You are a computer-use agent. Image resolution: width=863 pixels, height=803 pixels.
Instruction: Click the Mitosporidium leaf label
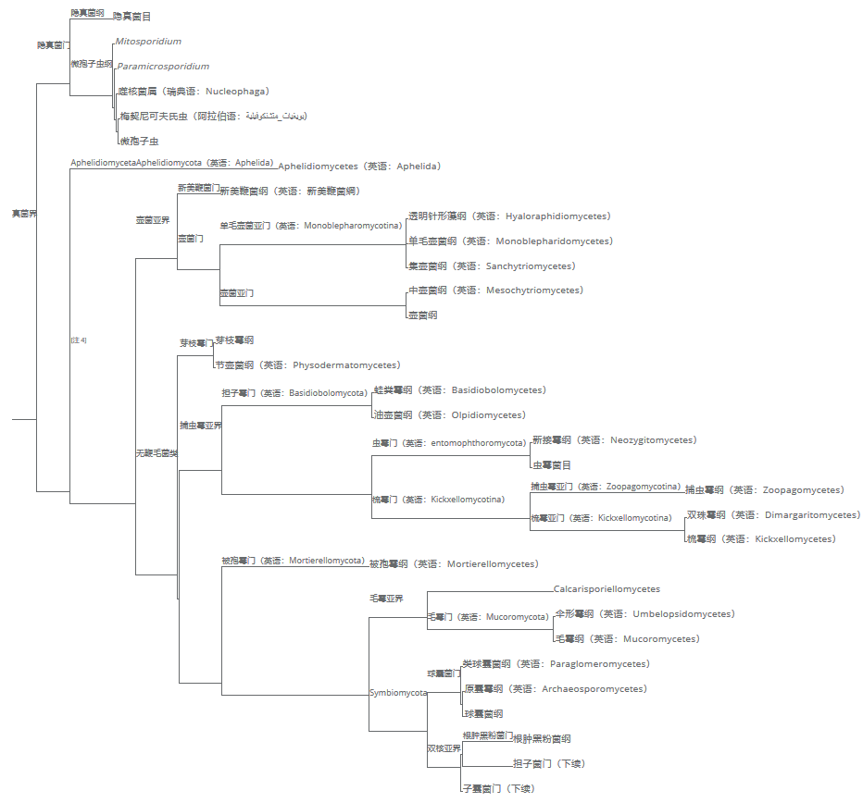pyautogui.click(x=148, y=42)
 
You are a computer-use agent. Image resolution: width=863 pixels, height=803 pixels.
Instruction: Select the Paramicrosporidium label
pyautogui.click(x=163, y=67)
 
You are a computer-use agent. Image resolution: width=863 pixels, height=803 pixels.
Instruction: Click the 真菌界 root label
pyautogui.click(x=24, y=214)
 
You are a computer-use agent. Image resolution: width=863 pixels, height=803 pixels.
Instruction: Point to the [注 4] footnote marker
pyautogui.click(x=79, y=340)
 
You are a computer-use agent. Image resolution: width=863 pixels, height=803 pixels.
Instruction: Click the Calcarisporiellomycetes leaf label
pyautogui.click(x=607, y=589)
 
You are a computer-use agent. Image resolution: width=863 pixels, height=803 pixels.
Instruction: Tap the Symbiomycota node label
pyautogui.click(x=398, y=693)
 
